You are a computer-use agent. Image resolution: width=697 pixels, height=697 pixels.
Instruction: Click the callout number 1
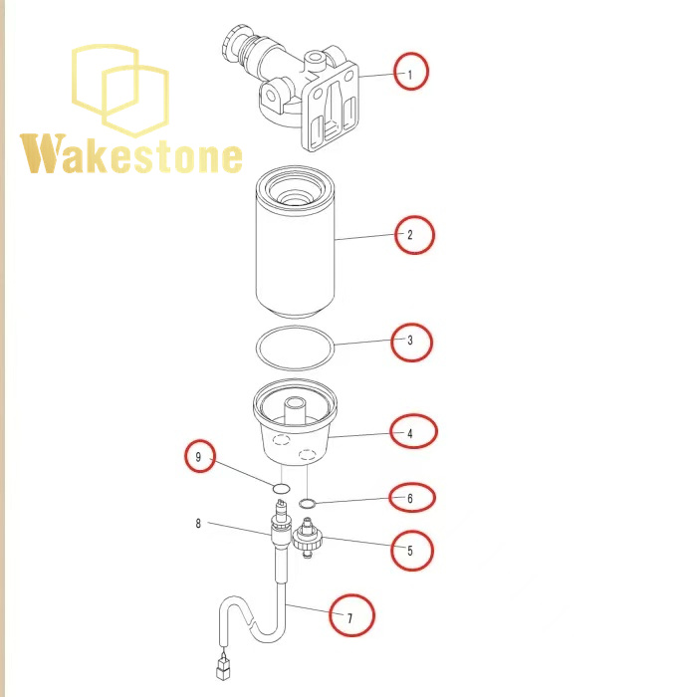(x=410, y=75)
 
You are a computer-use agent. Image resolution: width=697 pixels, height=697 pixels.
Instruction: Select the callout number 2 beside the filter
(x=410, y=234)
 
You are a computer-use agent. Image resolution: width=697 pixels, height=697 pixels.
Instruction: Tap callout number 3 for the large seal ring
(x=410, y=341)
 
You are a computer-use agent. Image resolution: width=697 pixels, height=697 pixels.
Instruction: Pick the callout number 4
(x=410, y=433)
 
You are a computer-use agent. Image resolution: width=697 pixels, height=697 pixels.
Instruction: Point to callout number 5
(x=410, y=551)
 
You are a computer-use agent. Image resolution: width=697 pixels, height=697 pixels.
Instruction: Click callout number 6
(x=410, y=498)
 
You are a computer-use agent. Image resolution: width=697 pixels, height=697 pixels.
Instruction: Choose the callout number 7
(x=349, y=618)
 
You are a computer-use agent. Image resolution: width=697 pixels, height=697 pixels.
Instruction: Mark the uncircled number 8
(x=198, y=523)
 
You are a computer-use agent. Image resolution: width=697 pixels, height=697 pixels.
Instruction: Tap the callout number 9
(x=198, y=457)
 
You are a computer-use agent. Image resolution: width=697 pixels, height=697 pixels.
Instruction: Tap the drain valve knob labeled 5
(x=307, y=540)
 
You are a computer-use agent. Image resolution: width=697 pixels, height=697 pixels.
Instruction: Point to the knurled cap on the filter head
(x=232, y=46)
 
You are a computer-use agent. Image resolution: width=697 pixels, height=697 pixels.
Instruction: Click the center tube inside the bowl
(x=295, y=410)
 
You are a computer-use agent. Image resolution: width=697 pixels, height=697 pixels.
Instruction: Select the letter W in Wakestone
(x=43, y=153)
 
